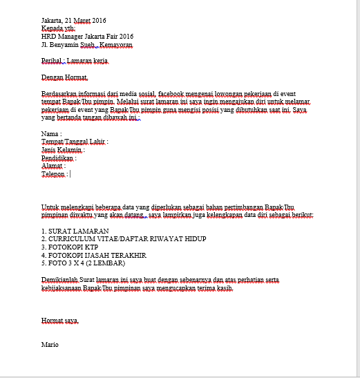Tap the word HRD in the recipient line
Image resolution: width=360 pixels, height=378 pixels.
click(x=48, y=37)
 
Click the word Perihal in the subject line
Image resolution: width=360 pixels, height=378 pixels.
click(x=53, y=62)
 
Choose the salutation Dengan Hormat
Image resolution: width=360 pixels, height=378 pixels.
click(x=65, y=77)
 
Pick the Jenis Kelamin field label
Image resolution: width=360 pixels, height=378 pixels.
click(x=63, y=150)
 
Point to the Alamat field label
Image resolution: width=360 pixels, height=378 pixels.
click(x=53, y=167)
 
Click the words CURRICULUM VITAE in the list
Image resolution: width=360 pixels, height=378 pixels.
click(x=83, y=239)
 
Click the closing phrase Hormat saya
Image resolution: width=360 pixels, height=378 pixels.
click(x=60, y=321)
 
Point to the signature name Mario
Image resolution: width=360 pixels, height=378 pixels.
click(x=50, y=343)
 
